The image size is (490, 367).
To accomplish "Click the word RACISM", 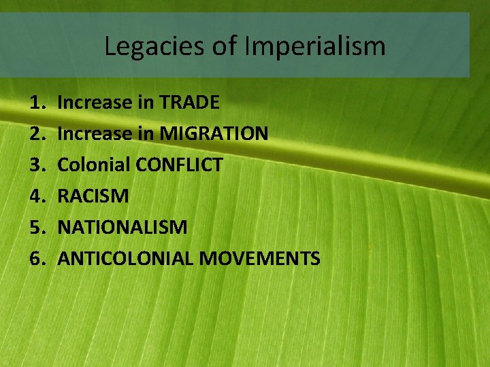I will pyautogui.click(x=93, y=196).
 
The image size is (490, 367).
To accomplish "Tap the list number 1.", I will pyautogui.click(x=35, y=103).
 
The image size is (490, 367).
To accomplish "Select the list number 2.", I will pyautogui.click(x=35, y=134).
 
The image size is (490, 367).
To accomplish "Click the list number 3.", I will pyautogui.click(x=35, y=165).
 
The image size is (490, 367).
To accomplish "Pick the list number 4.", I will pyautogui.click(x=35, y=196).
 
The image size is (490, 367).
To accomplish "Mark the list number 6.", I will pyautogui.click(x=35, y=259).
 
